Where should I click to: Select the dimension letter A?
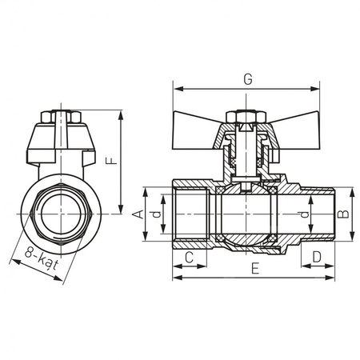[x=136, y=214]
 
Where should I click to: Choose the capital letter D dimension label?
[x=318, y=257]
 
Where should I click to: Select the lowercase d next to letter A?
[x=158, y=214]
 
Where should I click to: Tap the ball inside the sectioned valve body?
[x=246, y=214]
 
